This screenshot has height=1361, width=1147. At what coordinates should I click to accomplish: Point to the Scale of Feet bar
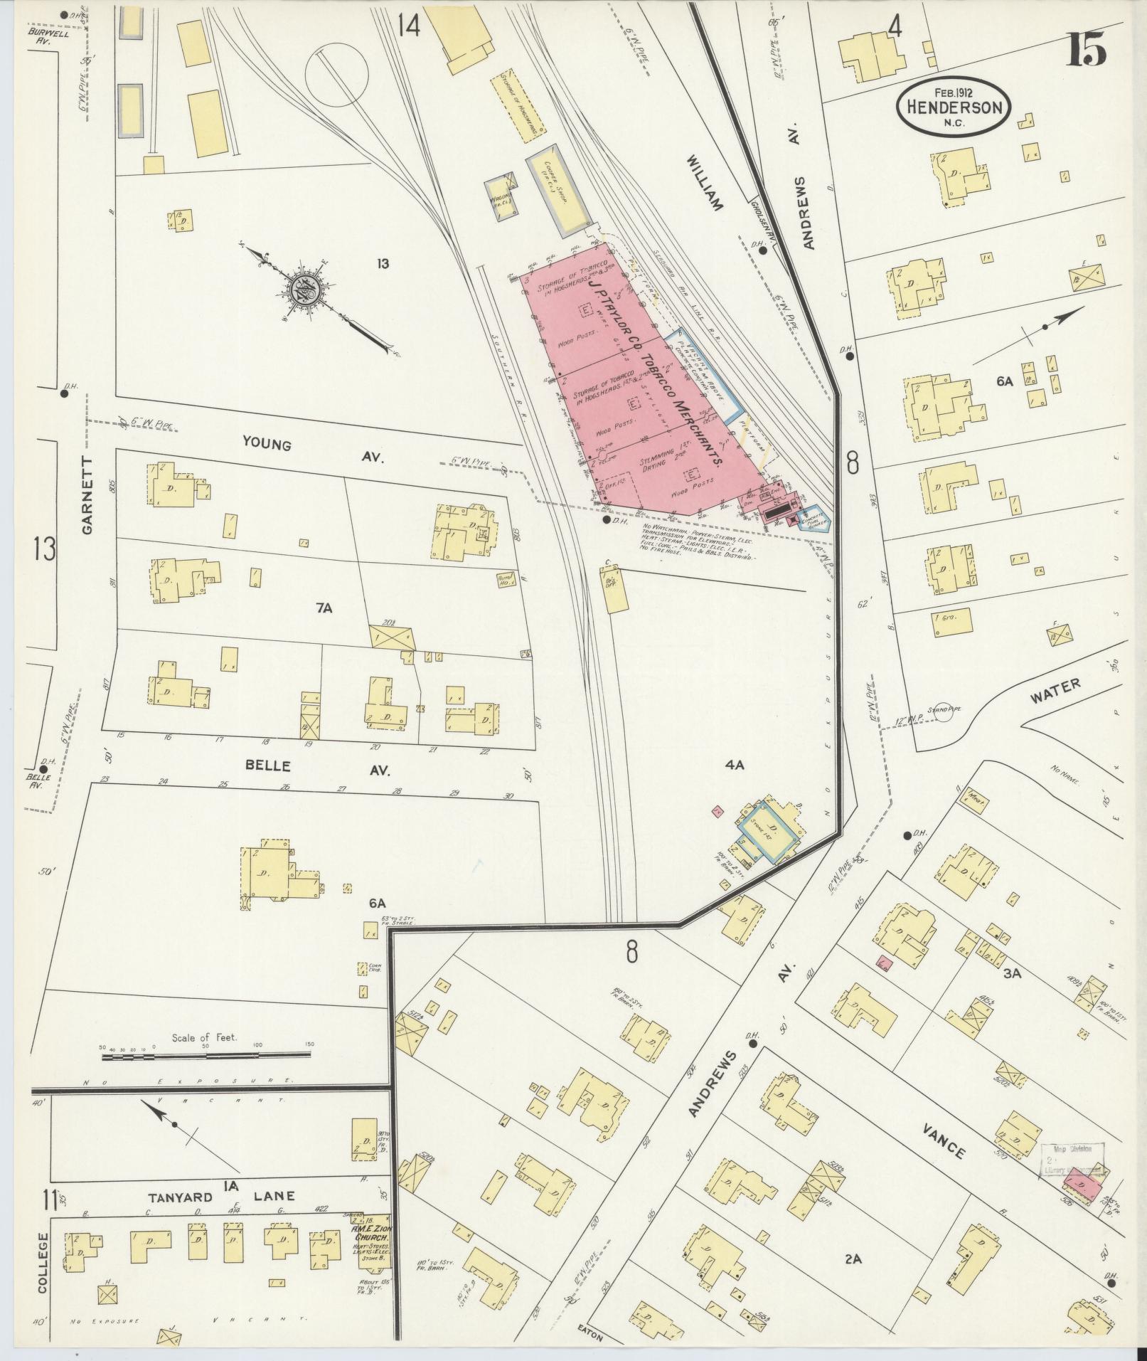[x=206, y=1057]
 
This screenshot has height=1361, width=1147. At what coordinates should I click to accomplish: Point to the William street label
[x=704, y=184]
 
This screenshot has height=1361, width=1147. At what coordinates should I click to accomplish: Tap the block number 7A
[x=324, y=607]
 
